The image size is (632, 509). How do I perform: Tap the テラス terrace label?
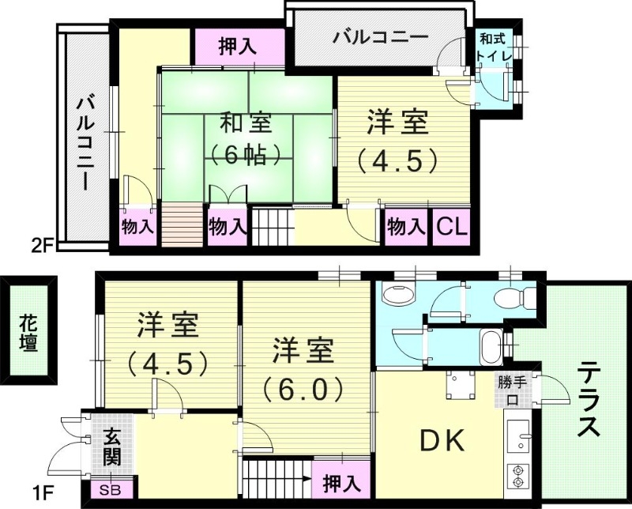pos(588,399)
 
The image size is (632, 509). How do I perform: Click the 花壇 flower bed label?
pos(28,333)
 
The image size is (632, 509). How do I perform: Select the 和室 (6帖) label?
pos(246,138)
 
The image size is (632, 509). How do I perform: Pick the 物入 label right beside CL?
pos(405,228)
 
